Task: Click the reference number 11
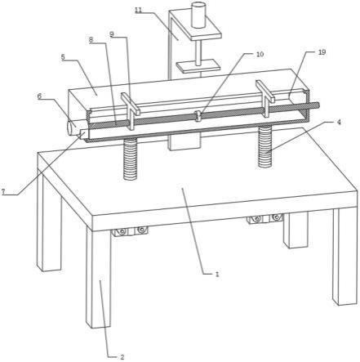pos(139,10)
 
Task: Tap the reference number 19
pos(322,52)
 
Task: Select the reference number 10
pos(260,54)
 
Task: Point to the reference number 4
pos(339,122)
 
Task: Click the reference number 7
pos(3,191)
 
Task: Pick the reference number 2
pos(122,356)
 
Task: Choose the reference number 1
pos(217,274)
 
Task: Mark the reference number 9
pos(112,34)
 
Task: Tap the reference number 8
pos(91,39)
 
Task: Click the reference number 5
pos(63,57)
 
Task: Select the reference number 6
pos(40,96)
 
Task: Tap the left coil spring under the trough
pos(131,159)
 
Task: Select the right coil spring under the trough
pos(265,146)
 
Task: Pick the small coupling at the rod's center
pos(198,116)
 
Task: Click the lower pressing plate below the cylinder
pos(198,66)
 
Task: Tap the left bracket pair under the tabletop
pos(129,231)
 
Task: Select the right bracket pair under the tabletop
pos(265,218)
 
